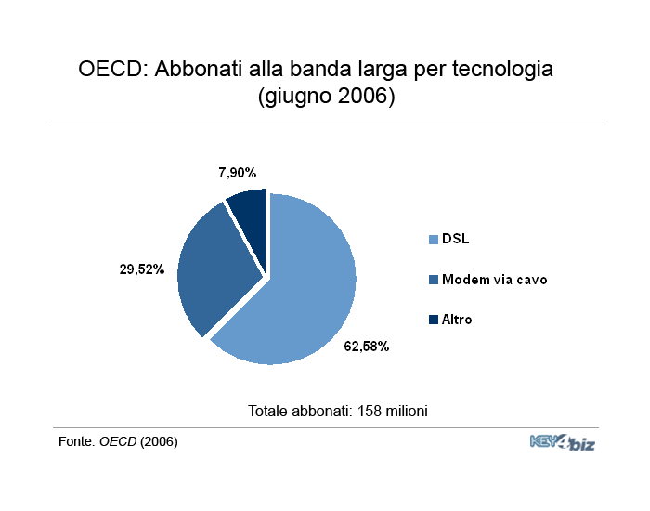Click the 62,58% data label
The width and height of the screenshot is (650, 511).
(367, 347)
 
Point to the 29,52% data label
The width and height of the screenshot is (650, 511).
(142, 269)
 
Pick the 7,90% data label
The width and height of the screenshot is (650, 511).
(238, 173)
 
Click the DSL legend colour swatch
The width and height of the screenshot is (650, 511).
(434, 240)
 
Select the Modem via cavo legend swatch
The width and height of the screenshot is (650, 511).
(434, 280)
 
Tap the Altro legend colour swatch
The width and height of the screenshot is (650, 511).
(434, 320)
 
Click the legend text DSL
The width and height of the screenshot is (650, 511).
(456, 239)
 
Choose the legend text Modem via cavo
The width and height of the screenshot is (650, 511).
(495, 280)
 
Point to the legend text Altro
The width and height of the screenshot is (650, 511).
(457, 320)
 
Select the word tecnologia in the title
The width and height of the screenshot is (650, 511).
(502, 70)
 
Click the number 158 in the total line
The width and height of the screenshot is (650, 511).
(369, 411)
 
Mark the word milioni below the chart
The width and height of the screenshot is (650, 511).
(407, 411)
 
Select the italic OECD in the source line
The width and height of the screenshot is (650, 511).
(118, 441)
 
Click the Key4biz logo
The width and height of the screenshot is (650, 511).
(563, 442)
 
